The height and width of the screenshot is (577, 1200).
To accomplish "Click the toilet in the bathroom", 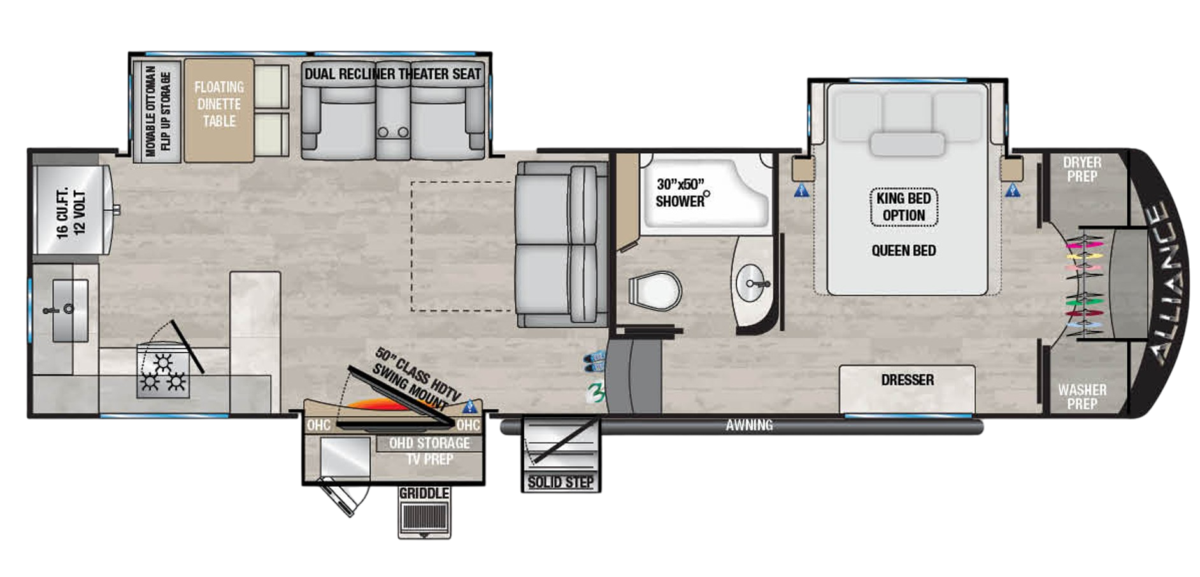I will [654, 292].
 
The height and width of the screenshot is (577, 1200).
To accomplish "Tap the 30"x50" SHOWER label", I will [680, 193].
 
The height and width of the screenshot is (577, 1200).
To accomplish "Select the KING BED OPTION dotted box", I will [903, 207].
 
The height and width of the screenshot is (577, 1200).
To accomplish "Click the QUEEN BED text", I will [903, 251].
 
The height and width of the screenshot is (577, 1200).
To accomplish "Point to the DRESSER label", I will [907, 380].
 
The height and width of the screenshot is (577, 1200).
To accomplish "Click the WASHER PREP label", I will [1082, 396].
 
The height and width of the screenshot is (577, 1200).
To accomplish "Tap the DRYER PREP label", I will [1082, 169].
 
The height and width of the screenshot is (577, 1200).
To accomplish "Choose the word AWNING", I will [749, 425].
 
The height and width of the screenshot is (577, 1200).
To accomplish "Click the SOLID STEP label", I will [561, 482].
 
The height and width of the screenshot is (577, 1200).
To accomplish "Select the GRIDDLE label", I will [424, 494].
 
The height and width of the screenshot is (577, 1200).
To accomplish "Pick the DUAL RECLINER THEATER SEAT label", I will [392, 74].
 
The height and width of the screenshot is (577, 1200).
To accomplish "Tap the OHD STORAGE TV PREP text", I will [429, 451].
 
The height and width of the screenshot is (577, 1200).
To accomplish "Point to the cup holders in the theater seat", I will [392, 132].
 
